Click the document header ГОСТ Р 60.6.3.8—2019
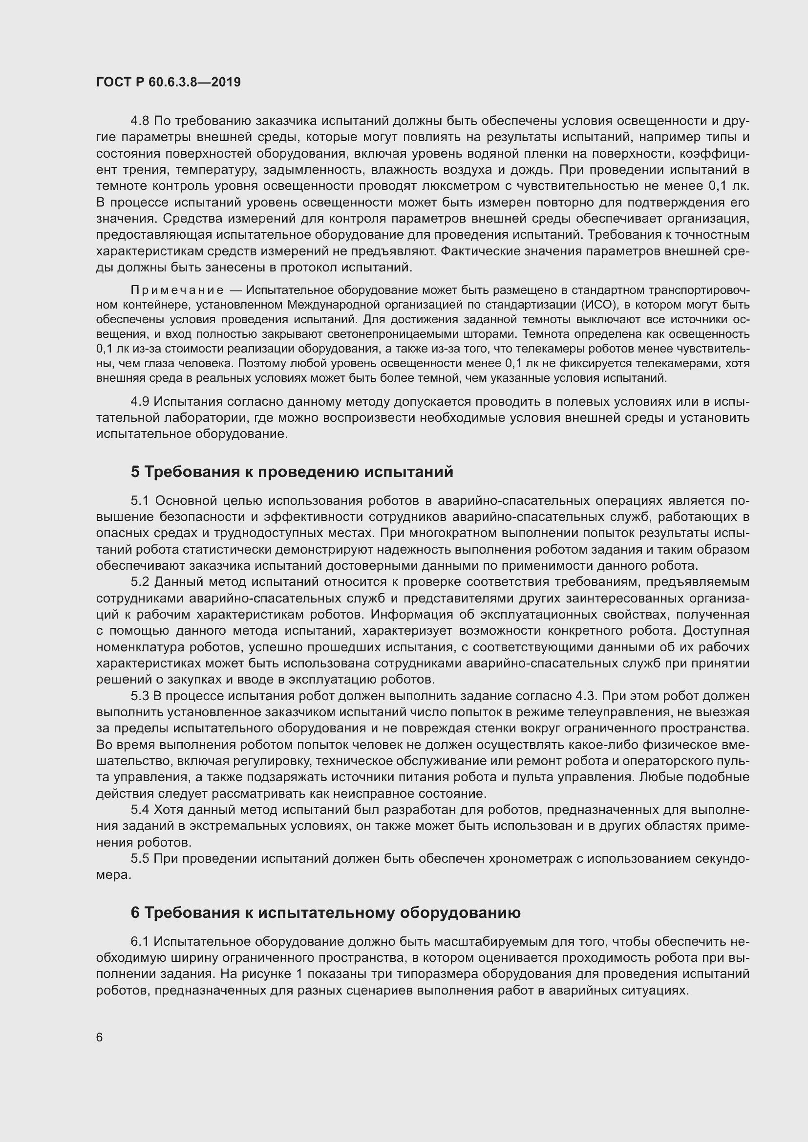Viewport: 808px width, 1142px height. click(168, 82)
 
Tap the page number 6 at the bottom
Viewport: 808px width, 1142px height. click(100, 1038)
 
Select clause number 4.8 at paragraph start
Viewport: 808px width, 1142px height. click(140, 121)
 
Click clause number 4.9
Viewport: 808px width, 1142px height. click(140, 401)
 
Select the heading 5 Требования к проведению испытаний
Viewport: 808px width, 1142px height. click(292, 472)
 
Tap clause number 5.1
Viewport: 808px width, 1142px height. click(140, 500)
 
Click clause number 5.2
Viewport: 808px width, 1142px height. click(140, 581)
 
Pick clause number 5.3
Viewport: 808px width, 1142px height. click(140, 696)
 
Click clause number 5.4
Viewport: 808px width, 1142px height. click(140, 810)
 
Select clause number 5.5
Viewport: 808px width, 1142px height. click(140, 858)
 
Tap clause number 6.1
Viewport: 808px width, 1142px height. click(140, 941)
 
